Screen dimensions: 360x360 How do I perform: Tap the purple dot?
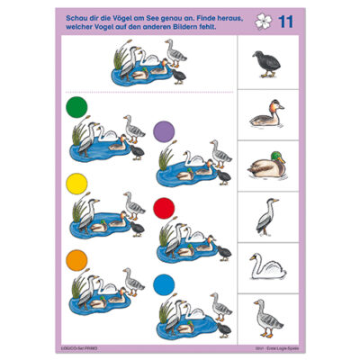click(163, 130)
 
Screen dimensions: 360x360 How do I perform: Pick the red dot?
click(163, 208)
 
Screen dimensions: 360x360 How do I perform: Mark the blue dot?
click(163, 283)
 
